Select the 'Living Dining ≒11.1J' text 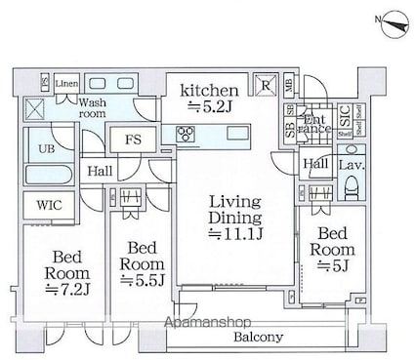[235, 217]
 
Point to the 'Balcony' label [259, 337]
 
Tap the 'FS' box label [132, 140]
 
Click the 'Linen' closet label [66, 85]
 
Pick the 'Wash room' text [93, 107]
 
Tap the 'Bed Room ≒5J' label [333, 250]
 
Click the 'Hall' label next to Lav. [315, 165]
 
